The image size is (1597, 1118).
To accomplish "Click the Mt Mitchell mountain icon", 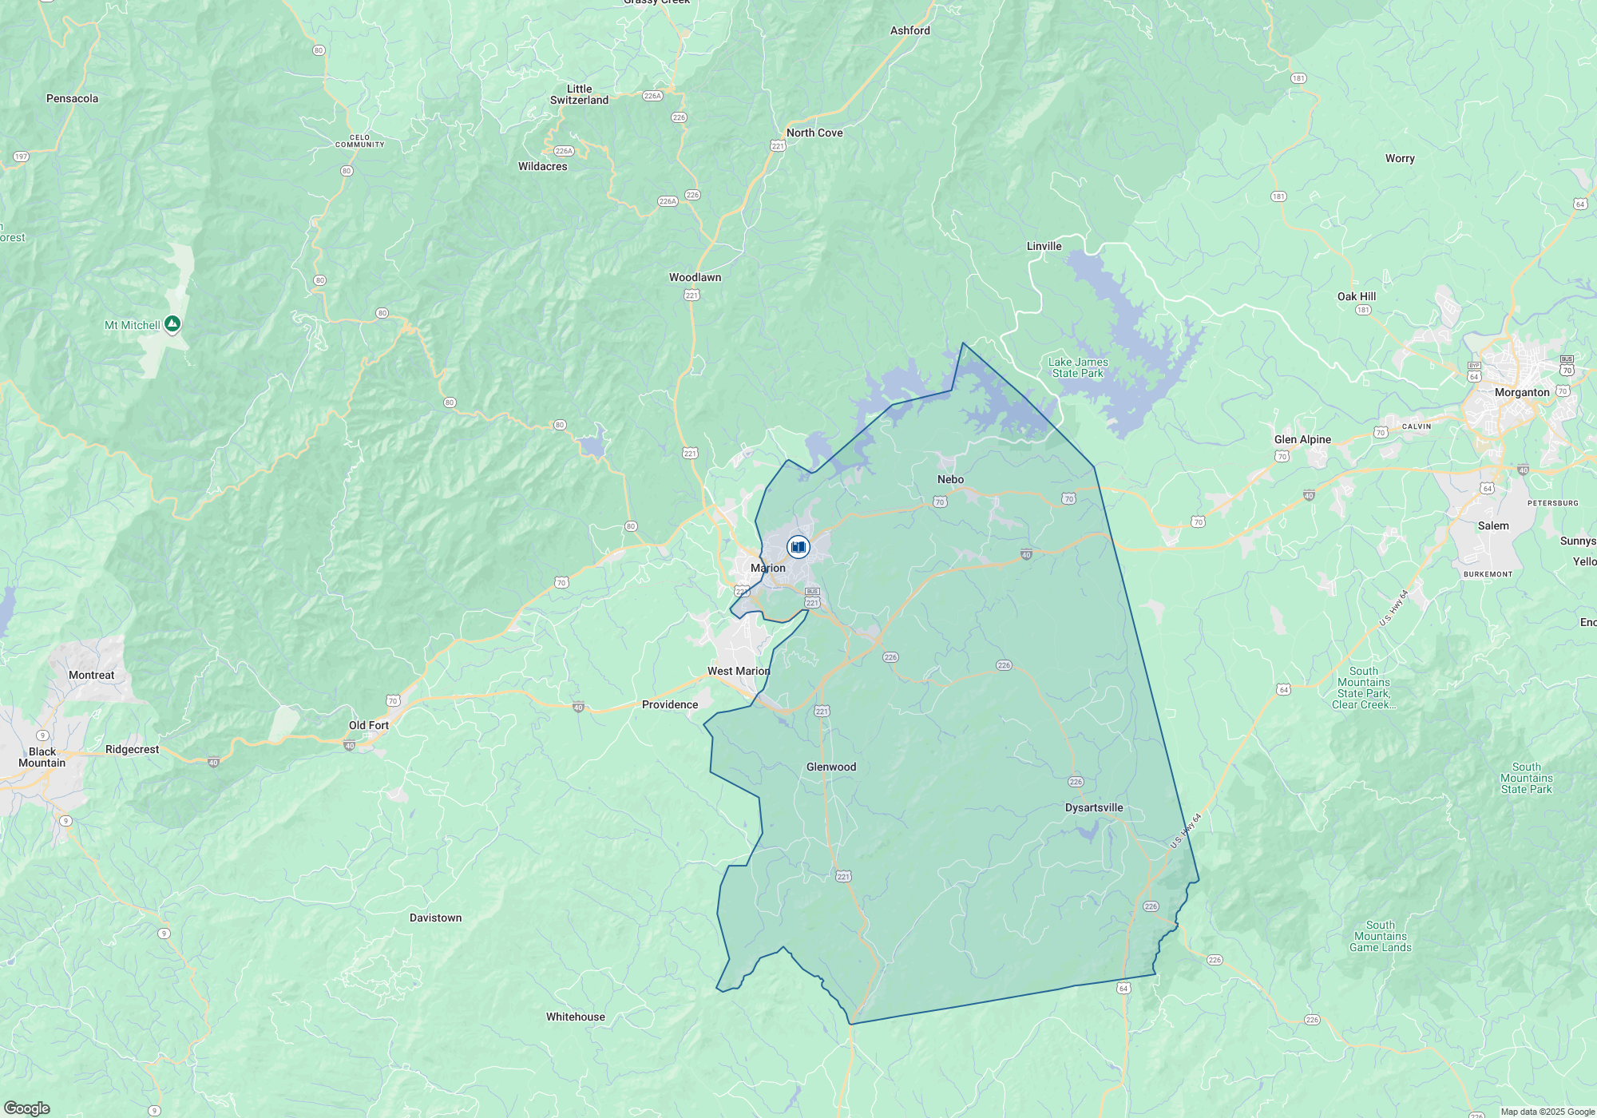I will click(172, 324).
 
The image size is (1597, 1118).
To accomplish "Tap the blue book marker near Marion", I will click(798, 547).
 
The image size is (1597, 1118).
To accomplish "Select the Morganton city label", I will click(1521, 392).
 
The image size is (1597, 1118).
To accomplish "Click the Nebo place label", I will click(950, 479).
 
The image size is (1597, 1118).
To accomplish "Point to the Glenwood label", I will click(830, 767).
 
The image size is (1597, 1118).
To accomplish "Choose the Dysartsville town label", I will click(1093, 807).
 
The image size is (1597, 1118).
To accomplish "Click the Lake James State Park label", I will click(1078, 367).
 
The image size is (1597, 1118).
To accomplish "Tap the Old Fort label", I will click(368, 725).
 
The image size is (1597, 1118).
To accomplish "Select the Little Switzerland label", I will click(579, 94).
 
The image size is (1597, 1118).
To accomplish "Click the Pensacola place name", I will click(72, 98).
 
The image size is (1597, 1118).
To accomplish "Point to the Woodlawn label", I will click(695, 277).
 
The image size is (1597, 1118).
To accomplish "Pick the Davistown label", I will click(435, 918).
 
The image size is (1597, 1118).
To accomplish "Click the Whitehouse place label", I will click(575, 1017).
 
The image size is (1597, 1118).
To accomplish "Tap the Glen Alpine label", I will click(1302, 439).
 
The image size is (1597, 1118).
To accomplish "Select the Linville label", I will click(1044, 246).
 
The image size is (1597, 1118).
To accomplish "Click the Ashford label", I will click(909, 30).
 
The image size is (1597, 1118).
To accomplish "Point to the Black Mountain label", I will click(42, 757).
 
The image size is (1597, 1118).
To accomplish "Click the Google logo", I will click(27, 1108).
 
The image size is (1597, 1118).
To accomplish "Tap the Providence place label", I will click(669, 704).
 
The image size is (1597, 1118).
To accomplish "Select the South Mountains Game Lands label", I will click(1380, 936).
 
